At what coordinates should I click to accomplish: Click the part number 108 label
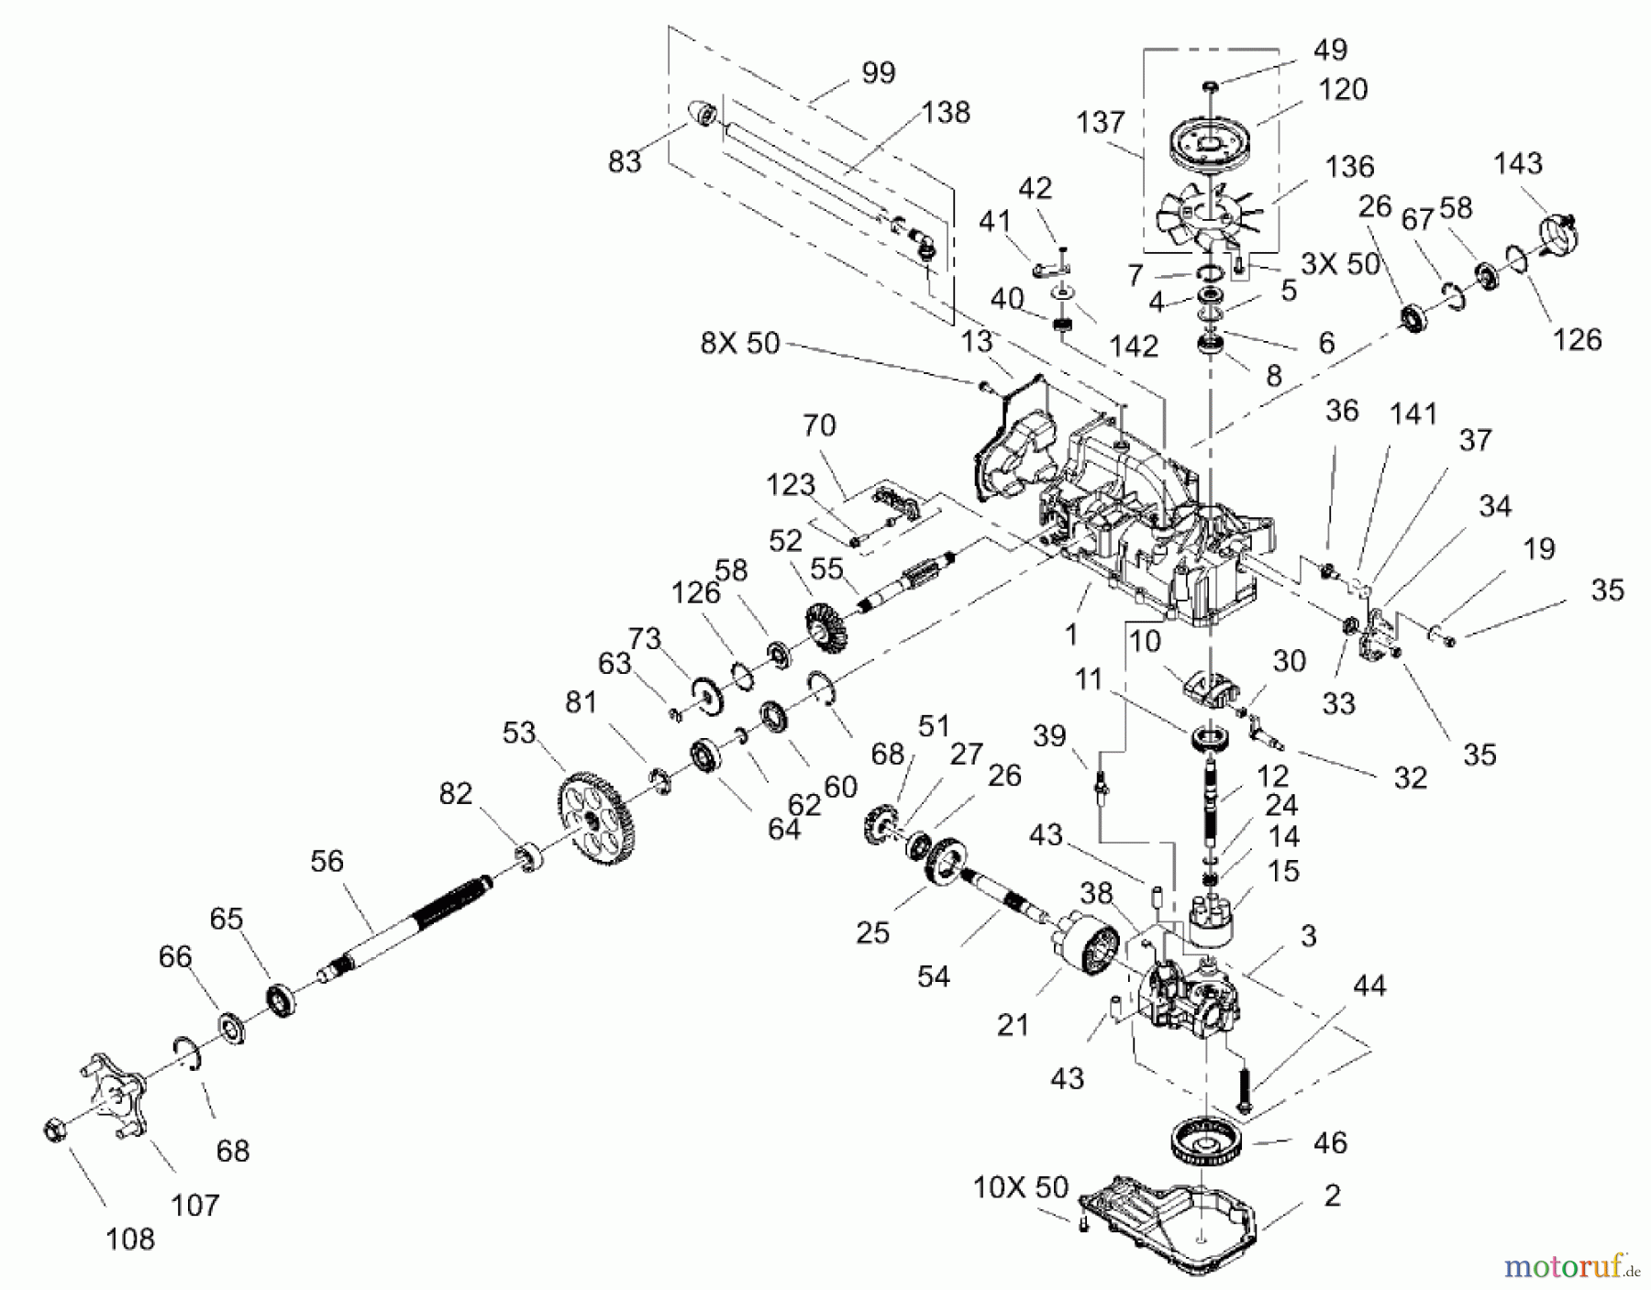pos(130,1240)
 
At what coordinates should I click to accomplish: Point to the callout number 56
pos(327,861)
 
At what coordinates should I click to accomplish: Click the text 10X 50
pos(1021,1188)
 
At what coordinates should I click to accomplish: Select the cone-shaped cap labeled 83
pos(704,116)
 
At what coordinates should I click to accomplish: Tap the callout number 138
pos(946,112)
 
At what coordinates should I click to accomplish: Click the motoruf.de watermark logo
pos(1571,1267)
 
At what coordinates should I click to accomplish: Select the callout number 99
pos(878,72)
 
